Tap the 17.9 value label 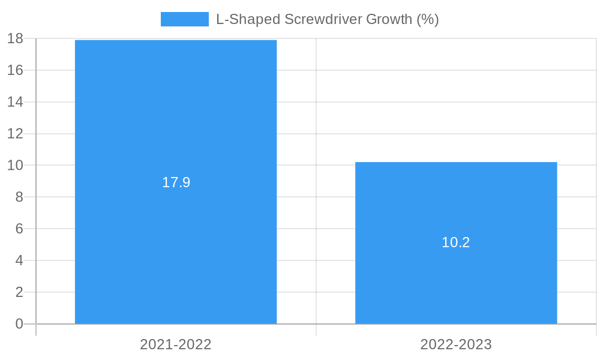[176, 182]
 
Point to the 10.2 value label [456, 242]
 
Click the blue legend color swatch [184, 19]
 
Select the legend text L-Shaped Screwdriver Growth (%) [328, 19]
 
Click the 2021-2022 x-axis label [176, 344]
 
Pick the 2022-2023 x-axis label [456, 344]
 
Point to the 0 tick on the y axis [19, 324]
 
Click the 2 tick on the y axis [19, 292]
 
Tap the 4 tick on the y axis [19, 260]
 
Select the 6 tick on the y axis [19, 229]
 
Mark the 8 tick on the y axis [19, 197]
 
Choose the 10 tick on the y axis [15, 165]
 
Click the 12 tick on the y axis [15, 133]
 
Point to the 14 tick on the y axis [15, 102]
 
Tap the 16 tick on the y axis [15, 70]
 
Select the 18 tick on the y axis [15, 38]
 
